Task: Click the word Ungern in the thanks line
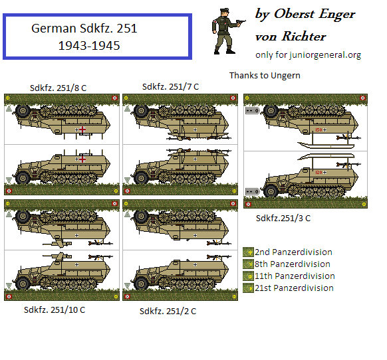point(285,76)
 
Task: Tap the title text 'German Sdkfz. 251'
point(84,30)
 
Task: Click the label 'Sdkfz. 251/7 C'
point(170,86)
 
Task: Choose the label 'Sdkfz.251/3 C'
point(283,218)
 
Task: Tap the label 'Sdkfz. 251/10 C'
point(55,310)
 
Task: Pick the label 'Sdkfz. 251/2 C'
point(168,311)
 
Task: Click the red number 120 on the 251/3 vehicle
point(319,172)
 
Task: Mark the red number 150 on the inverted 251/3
point(319,130)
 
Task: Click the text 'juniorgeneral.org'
point(326,55)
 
